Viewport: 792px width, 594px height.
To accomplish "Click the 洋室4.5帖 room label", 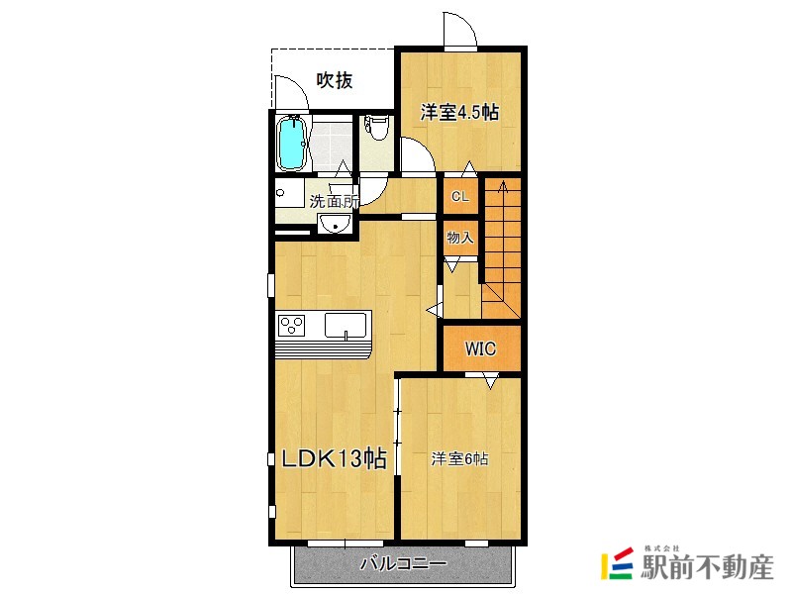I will pyautogui.click(x=457, y=112).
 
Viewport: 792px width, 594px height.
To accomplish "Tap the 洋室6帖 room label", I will pyautogui.click(x=459, y=459).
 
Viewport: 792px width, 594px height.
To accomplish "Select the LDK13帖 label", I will pyautogui.click(x=334, y=459).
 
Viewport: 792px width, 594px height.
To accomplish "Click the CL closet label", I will pyautogui.click(x=460, y=196).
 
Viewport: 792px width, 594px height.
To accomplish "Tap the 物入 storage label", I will pyautogui.click(x=460, y=238).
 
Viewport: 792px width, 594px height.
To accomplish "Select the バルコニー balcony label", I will pyautogui.click(x=402, y=564).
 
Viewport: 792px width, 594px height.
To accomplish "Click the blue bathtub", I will pyautogui.click(x=292, y=144).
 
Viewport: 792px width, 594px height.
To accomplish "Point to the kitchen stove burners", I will pyautogui.click(x=293, y=324).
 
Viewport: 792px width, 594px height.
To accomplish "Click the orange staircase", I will pyautogui.click(x=502, y=247).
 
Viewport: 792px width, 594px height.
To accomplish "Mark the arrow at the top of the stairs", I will pyautogui.click(x=502, y=187).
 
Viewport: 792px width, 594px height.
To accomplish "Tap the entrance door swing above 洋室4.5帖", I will pyautogui.click(x=460, y=33).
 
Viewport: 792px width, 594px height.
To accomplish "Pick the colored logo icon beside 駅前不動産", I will pyautogui.click(x=617, y=563).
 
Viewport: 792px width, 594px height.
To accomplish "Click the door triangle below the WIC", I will pyautogui.click(x=489, y=379).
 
